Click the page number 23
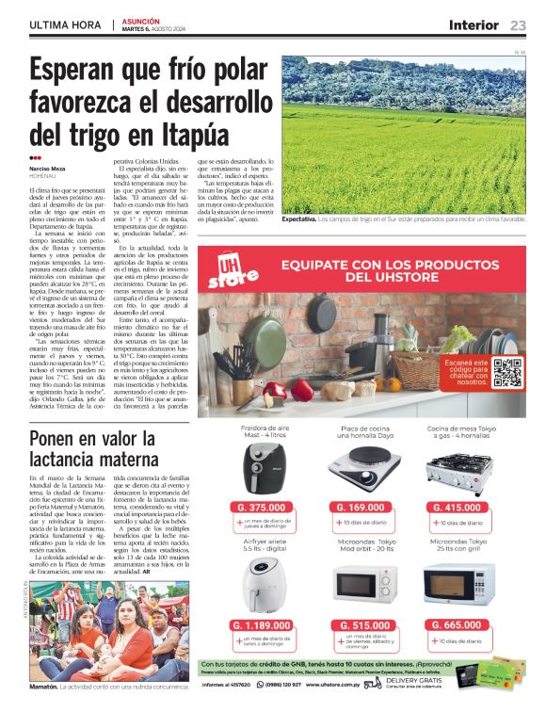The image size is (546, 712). (x=518, y=24)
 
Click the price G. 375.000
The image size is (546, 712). (x=264, y=508)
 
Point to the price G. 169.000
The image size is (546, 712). (x=360, y=508)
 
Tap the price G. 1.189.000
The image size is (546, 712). (x=264, y=625)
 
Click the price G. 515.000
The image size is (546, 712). (x=360, y=625)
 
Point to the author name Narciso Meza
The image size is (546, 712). (x=47, y=169)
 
